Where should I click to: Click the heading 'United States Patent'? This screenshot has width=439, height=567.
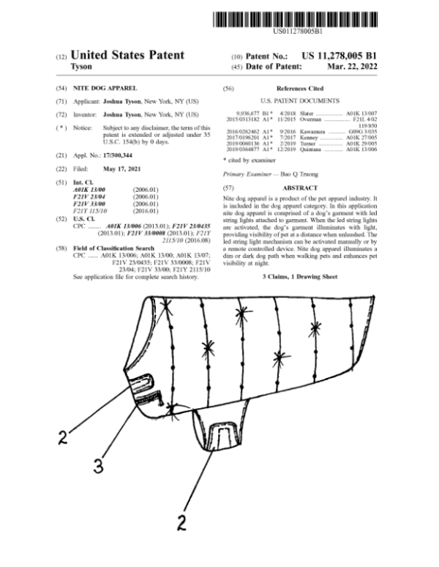pyautogui.click(x=127, y=55)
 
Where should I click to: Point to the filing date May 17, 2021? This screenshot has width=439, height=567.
pyautogui.click(x=122, y=168)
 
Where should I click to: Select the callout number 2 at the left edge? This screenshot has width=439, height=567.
pyautogui.click(x=63, y=440)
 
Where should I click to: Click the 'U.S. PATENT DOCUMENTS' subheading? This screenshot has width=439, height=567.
pyautogui.click(x=300, y=100)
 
